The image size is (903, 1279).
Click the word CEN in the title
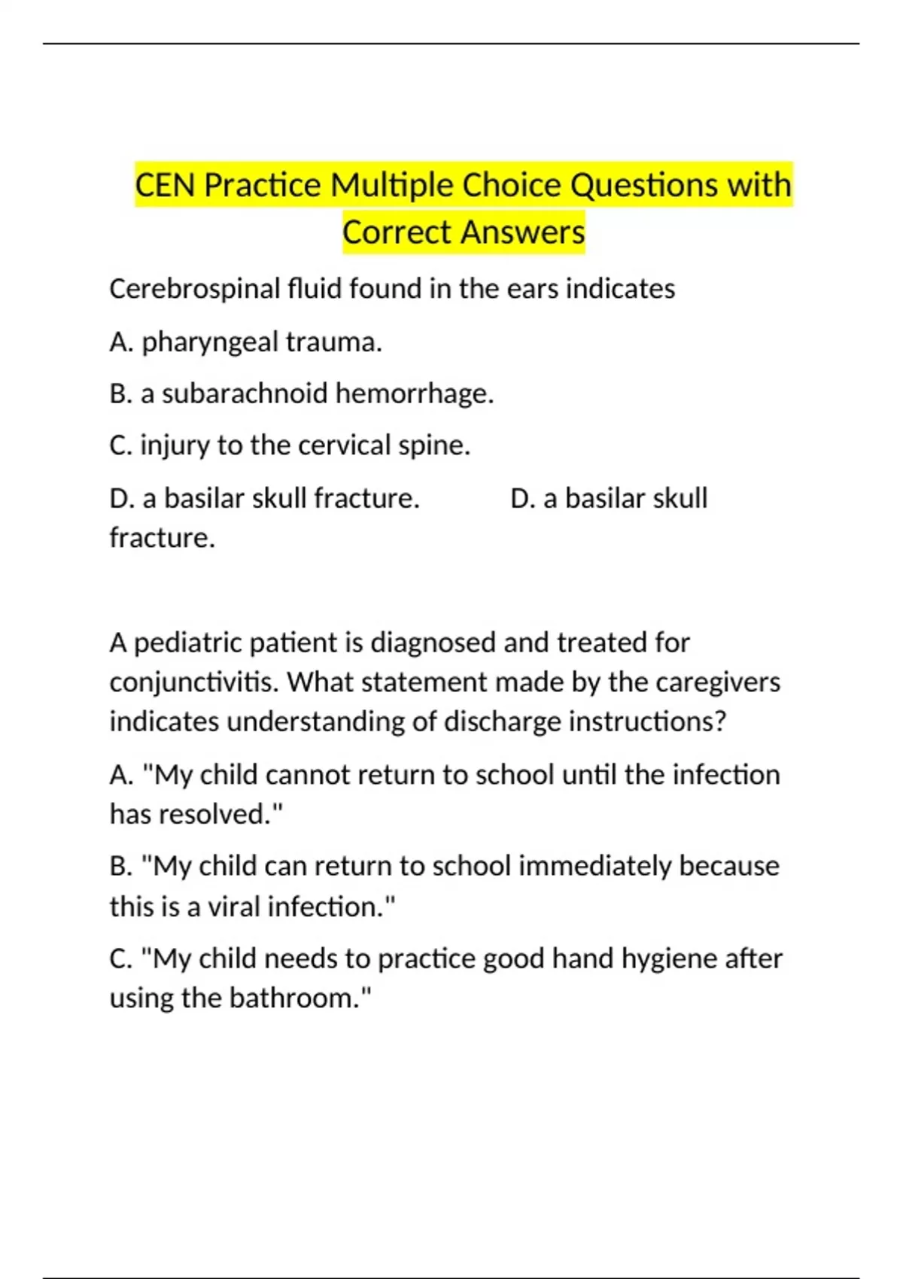click(x=166, y=185)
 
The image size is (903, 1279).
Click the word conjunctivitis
click(x=195, y=682)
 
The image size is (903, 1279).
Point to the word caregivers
click(x=718, y=682)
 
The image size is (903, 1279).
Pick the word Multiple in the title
click(x=391, y=185)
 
